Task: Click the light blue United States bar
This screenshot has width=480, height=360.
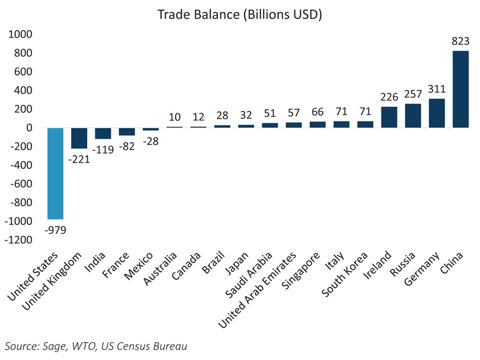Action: tap(56, 173)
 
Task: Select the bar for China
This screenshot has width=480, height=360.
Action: tap(460, 90)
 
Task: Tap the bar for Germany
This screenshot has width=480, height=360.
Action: tap(436, 113)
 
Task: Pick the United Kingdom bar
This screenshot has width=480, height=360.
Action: tap(79, 138)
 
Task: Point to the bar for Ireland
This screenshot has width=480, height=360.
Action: tap(389, 117)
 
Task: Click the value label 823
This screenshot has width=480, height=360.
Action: tap(460, 40)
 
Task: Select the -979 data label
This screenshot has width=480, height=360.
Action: tap(56, 229)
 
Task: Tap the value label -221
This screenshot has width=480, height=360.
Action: tap(79, 159)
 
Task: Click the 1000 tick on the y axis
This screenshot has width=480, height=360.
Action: tap(20, 34)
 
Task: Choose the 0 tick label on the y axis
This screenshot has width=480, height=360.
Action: tap(29, 128)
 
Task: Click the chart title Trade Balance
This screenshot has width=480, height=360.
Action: tap(240, 13)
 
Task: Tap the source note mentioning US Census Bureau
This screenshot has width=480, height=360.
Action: tap(97, 346)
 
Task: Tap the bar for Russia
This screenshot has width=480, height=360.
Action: tap(413, 116)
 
